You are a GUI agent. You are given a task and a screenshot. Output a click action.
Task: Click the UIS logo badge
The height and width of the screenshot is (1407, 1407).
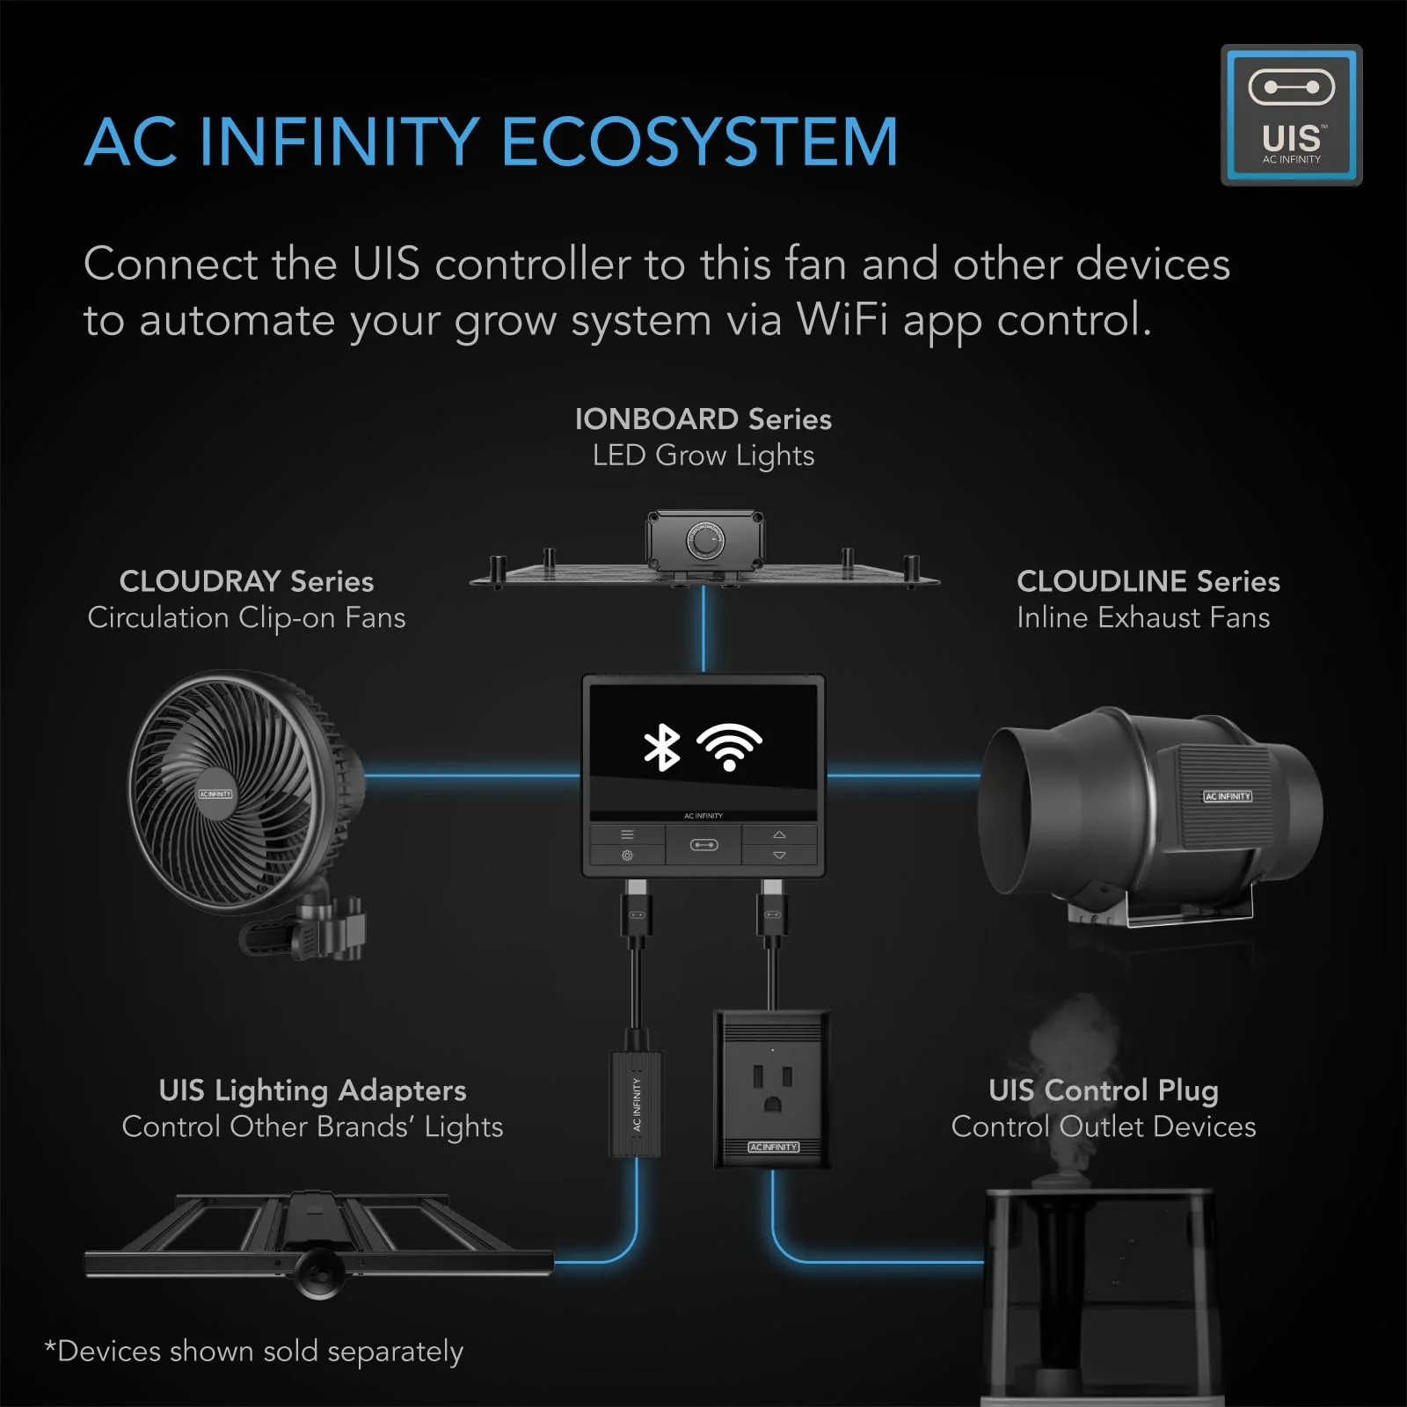coord(1291,115)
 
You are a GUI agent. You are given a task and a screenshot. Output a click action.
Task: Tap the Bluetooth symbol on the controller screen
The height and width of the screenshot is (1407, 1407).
coord(661,747)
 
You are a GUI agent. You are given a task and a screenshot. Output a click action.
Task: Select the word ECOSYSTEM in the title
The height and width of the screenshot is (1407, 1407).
coord(699,142)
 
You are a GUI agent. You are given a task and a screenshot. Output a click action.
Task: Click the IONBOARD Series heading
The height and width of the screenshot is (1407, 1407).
coord(703,419)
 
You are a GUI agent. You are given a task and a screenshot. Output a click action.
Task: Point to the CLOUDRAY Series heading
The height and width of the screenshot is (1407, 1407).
coord(246,581)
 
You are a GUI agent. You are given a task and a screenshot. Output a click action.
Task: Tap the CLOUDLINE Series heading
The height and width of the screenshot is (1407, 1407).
coord(1148,581)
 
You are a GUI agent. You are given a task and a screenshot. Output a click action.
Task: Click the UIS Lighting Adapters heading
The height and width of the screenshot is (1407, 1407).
coord(312,1090)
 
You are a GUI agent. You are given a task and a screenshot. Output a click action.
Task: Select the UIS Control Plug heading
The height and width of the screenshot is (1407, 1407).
coord(1103,1090)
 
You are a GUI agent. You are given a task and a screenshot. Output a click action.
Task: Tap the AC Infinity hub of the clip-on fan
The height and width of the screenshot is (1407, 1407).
coord(215,794)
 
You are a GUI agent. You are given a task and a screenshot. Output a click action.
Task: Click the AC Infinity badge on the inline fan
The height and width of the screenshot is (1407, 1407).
coord(1227,796)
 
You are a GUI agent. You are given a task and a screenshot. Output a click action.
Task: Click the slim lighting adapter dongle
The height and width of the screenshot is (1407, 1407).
coord(636,1104)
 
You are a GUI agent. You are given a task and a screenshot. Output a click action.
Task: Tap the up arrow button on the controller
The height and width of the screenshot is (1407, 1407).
coord(779,835)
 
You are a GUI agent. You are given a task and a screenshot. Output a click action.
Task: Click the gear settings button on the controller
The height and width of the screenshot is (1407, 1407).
coord(627,855)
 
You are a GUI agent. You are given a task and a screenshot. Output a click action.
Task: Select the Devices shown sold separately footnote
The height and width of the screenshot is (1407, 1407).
coord(254,1351)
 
